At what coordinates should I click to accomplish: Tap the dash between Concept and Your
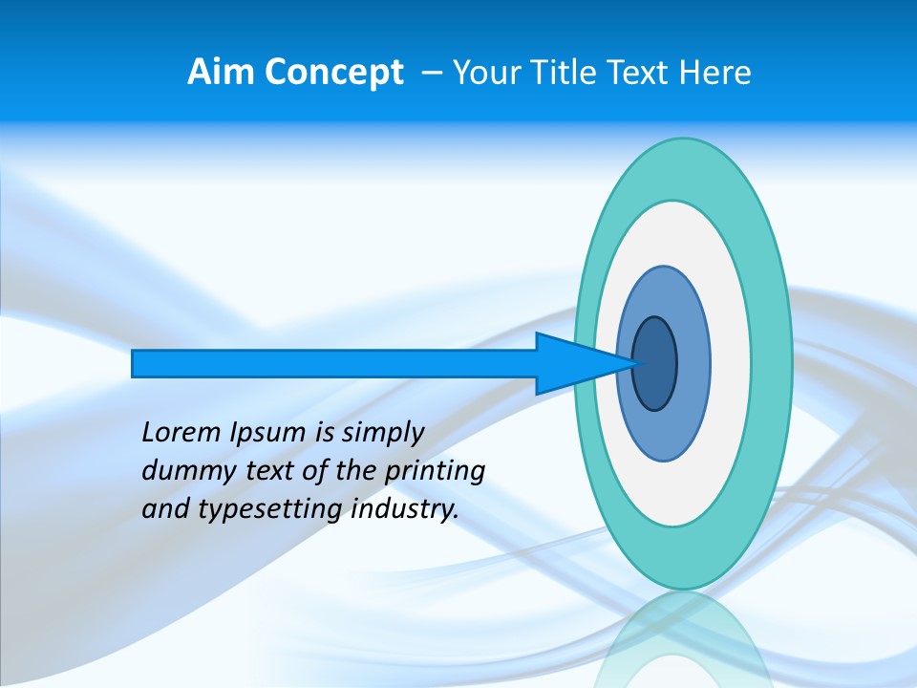point(432,73)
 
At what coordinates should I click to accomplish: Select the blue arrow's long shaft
point(334,363)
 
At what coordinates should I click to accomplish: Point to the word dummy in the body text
point(180,471)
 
